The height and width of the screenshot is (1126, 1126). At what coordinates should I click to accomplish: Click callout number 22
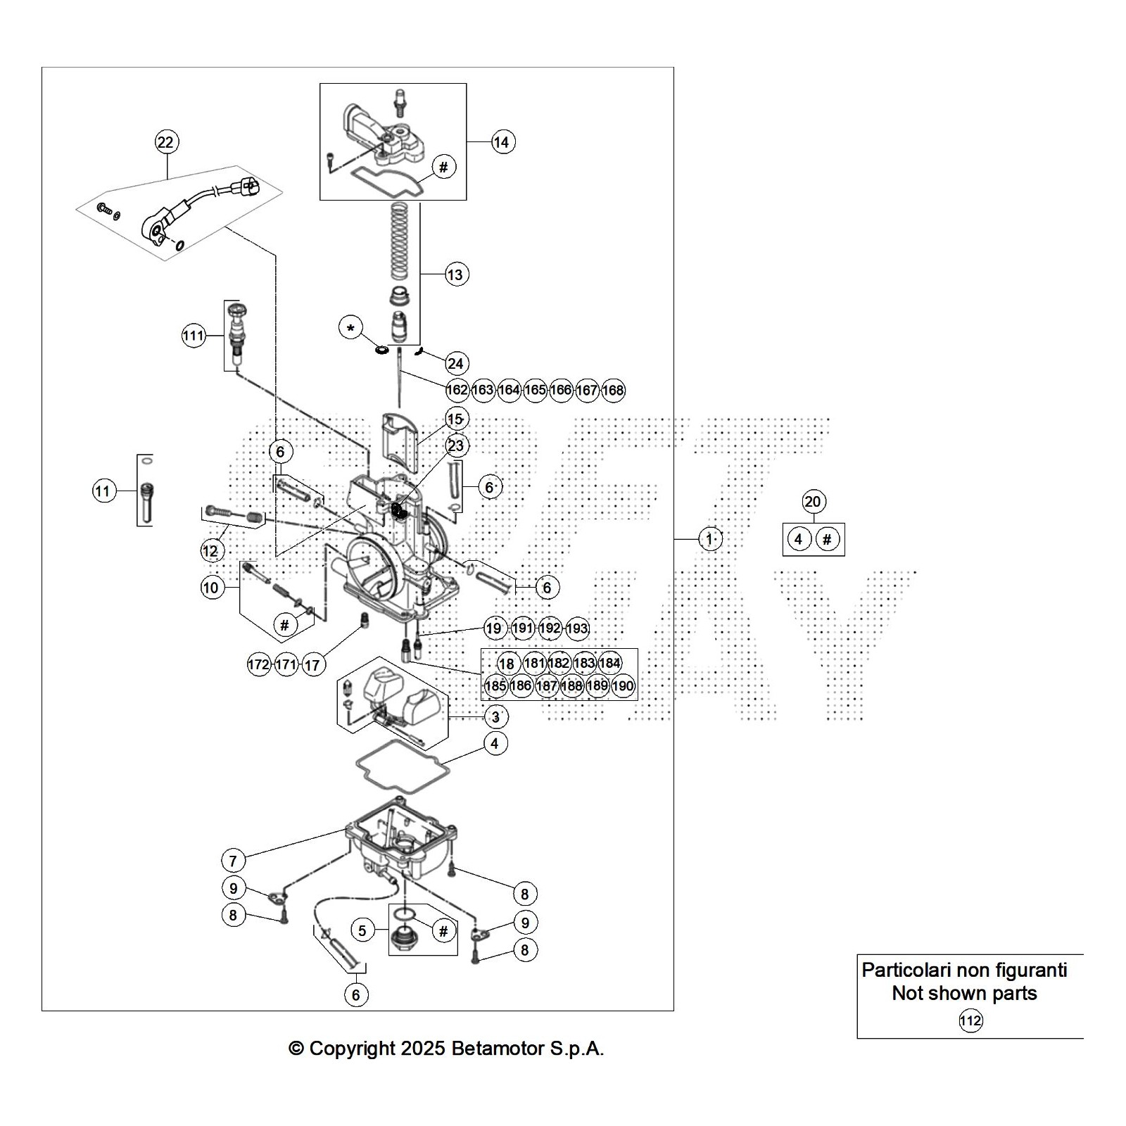(165, 142)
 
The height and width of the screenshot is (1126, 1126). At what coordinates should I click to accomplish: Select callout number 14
(501, 142)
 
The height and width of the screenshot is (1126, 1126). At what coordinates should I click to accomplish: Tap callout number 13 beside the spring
(455, 274)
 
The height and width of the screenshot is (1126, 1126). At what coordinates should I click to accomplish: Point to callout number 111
(193, 336)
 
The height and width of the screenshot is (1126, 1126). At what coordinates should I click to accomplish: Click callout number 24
(455, 363)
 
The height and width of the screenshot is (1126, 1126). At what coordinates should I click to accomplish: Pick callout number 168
(613, 390)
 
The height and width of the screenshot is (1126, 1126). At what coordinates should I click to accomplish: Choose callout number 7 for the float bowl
(233, 860)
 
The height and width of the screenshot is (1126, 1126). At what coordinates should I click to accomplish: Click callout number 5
(362, 931)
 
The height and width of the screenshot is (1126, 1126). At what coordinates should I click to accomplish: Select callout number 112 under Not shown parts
(970, 1020)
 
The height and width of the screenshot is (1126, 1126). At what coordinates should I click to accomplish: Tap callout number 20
(812, 502)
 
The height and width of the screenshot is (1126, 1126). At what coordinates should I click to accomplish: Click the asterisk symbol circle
(351, 328)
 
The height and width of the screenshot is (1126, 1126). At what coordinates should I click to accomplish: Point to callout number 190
(623, 685)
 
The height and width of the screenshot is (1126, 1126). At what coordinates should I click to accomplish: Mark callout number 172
(258, 664)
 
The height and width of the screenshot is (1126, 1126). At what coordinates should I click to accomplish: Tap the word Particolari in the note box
(906, 970)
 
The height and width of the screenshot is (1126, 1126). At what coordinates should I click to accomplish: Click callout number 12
(210, 550)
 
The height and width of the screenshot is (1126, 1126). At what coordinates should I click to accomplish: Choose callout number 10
(211, 588)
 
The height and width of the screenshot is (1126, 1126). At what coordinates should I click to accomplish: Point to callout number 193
(576, 628)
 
